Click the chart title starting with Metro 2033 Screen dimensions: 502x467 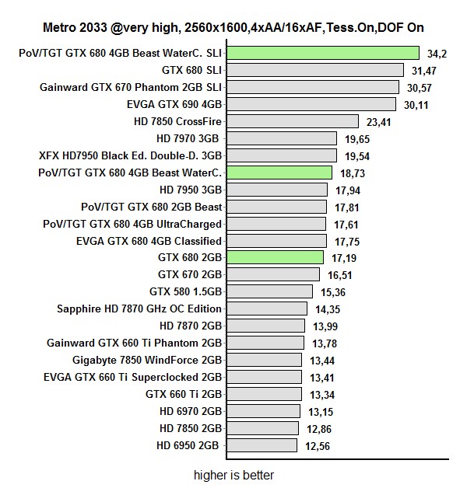[233, 27]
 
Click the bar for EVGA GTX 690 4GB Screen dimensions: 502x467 [313, 104]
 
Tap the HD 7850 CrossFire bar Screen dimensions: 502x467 [293, 121]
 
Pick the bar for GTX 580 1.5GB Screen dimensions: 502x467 [271, 291]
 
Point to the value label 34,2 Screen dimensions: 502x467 [437, 54]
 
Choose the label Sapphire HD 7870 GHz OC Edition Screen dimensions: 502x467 [139, 309]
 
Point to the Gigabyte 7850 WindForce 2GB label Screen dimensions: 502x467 [147, 360]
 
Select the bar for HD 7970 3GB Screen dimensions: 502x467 [283, 138]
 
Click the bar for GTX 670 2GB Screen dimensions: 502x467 [274, 274]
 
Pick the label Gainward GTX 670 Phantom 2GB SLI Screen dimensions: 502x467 [130, 87]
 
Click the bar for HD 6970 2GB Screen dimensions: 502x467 [264, 411]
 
